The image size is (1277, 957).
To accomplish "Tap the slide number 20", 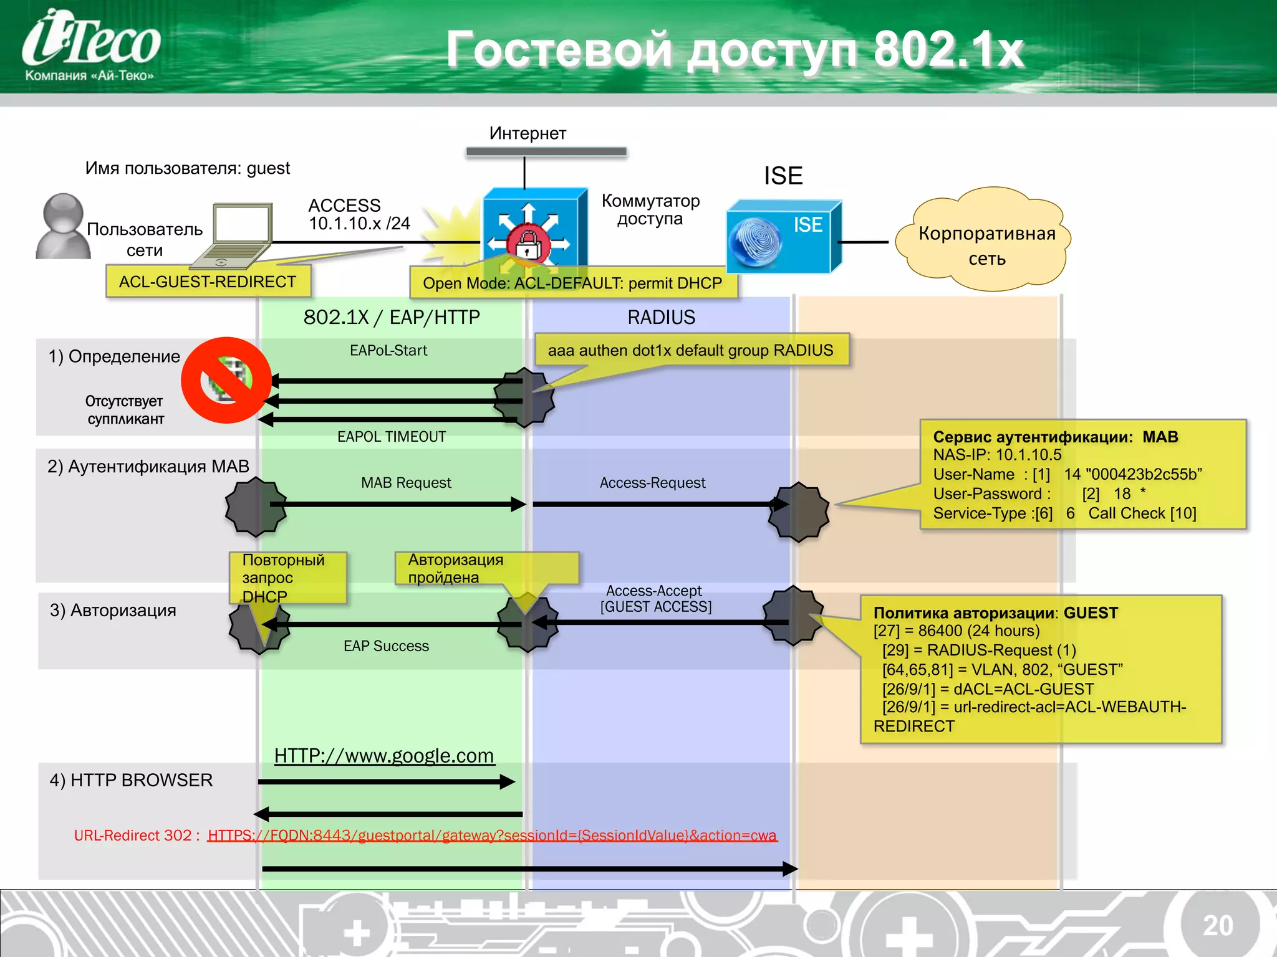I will (1217, 925).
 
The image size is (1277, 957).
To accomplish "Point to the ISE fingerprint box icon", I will (783, 237).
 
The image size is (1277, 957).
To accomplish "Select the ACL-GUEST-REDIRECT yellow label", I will (208, 282).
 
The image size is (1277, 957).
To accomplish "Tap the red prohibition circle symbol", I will (226, 380).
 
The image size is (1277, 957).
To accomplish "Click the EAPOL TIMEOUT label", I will (392, 437).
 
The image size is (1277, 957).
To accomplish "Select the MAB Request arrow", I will (399, 504).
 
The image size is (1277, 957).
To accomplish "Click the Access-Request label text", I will (652, 483).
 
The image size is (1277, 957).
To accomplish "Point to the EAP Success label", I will (386, 646).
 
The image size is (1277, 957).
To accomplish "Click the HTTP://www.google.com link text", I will (384, 756).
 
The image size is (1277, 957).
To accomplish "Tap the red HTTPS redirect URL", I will (492, 836).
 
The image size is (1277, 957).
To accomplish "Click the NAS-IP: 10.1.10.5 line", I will (997, 455).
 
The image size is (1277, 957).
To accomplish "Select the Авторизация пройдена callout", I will (486, 568).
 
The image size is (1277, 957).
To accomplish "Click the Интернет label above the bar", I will (528, 133).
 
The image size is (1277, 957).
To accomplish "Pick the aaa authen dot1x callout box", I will (691, 350).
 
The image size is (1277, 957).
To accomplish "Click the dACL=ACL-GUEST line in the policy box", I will (988, 688).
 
